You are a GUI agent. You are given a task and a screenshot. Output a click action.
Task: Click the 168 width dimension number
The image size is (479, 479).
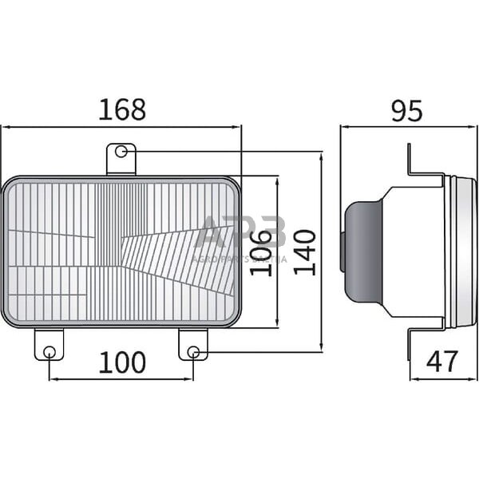pyautogui.click(x=122, y=110)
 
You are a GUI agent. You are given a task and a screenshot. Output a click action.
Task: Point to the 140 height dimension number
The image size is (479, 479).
pyautogui.click(x=303, y=251)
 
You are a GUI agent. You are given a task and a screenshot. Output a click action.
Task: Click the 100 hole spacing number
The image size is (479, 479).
pyautogui.click(x=122, y=362)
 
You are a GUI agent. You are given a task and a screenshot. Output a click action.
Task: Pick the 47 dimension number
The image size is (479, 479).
pyautogui.click(x=442, y=362)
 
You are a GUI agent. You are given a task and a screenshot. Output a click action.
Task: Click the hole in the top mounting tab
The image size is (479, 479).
pyautogui.click(x=121, y=151)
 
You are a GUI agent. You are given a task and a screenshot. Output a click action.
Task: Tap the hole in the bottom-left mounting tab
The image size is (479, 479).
pyautogui.click(x=49, y=352)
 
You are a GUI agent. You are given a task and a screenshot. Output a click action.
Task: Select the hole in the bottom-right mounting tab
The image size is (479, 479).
pyautogui.click(x=193, y=352)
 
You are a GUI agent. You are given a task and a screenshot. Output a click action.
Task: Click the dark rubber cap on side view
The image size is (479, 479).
pyautogui.click(x=361, y=251)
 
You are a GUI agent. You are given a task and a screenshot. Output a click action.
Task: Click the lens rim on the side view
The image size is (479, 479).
pyautogui.click(x=459, y=251)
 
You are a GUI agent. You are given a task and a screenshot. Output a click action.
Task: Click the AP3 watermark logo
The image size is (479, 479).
pyautogui.click(x=239, y=234)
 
